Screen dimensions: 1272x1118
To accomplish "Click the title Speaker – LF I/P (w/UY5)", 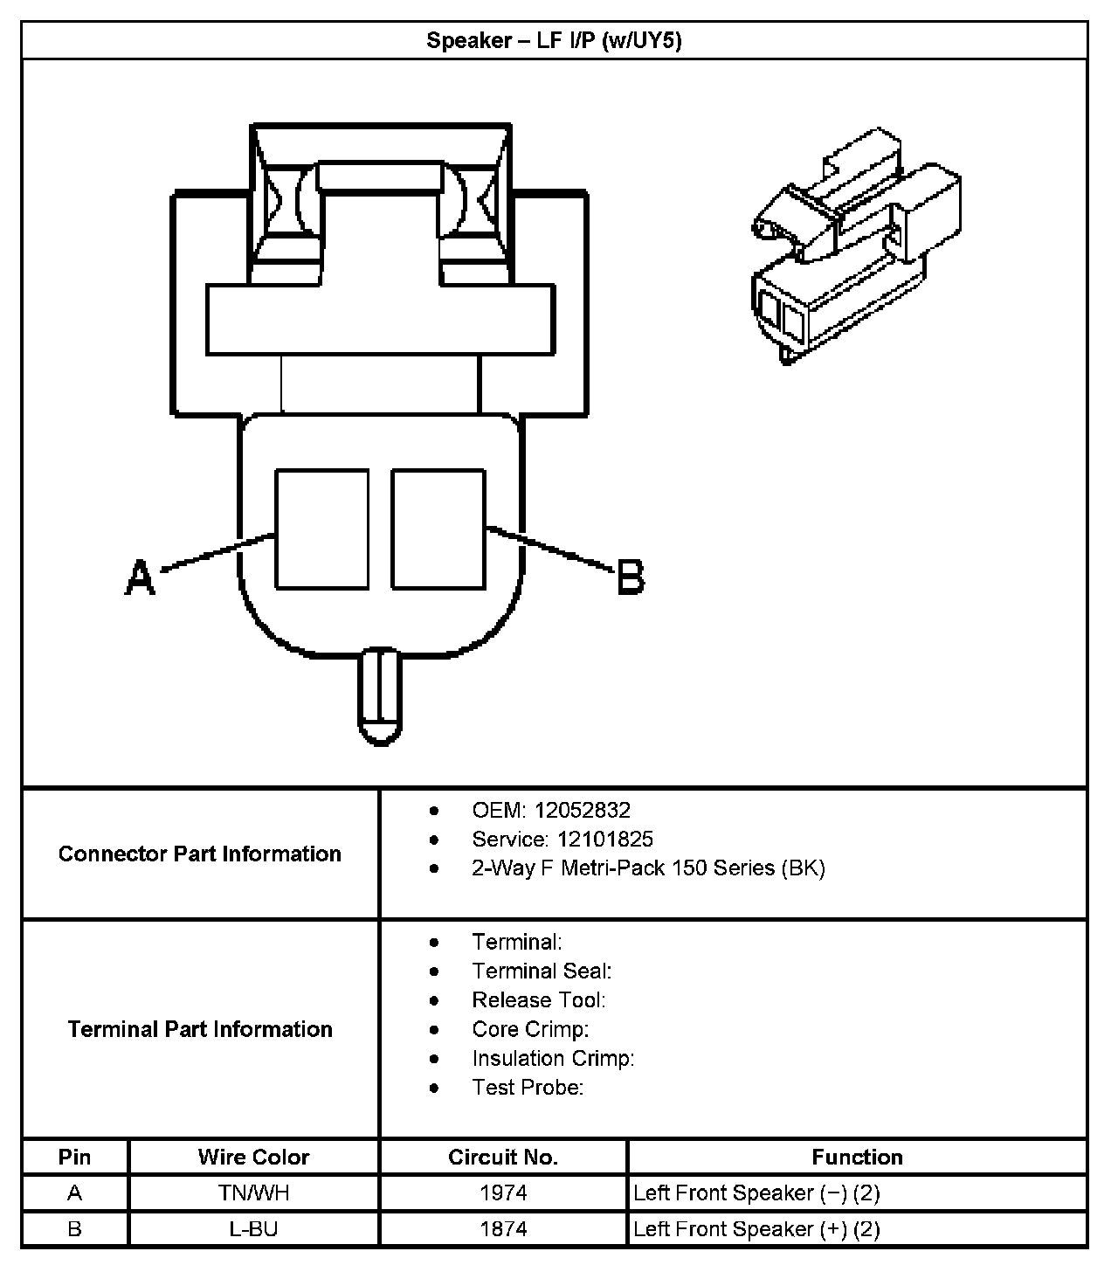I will pos(554,40).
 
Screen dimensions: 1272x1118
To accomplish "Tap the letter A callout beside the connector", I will pos(140,578).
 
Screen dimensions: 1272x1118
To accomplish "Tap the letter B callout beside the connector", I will pos(631,578).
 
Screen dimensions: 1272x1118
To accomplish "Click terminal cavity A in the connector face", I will pos(321,529).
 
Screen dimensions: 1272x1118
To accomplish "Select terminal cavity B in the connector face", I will pos(438,529).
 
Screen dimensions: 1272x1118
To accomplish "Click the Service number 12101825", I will pos(604,839).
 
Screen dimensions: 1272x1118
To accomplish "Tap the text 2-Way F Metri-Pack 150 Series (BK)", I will pos(648,868).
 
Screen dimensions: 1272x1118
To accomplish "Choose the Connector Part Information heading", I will pos(200,854).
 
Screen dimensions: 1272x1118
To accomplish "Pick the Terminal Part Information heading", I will pos(200,1029).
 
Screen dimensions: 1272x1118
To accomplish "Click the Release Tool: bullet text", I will pos(538,999).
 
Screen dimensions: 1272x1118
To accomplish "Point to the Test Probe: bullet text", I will pos(528,1087).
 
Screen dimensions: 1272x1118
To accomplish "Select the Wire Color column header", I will pos(253,1157).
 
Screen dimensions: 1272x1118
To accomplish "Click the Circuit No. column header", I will pos(503,1157).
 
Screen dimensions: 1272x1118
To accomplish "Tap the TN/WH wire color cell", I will pos(253,1192).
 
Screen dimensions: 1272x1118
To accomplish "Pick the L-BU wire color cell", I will pos(253,1229).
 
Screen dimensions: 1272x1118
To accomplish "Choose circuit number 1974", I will pos(503,1192).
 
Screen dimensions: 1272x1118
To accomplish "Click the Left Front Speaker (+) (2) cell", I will pos(756,1229).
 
